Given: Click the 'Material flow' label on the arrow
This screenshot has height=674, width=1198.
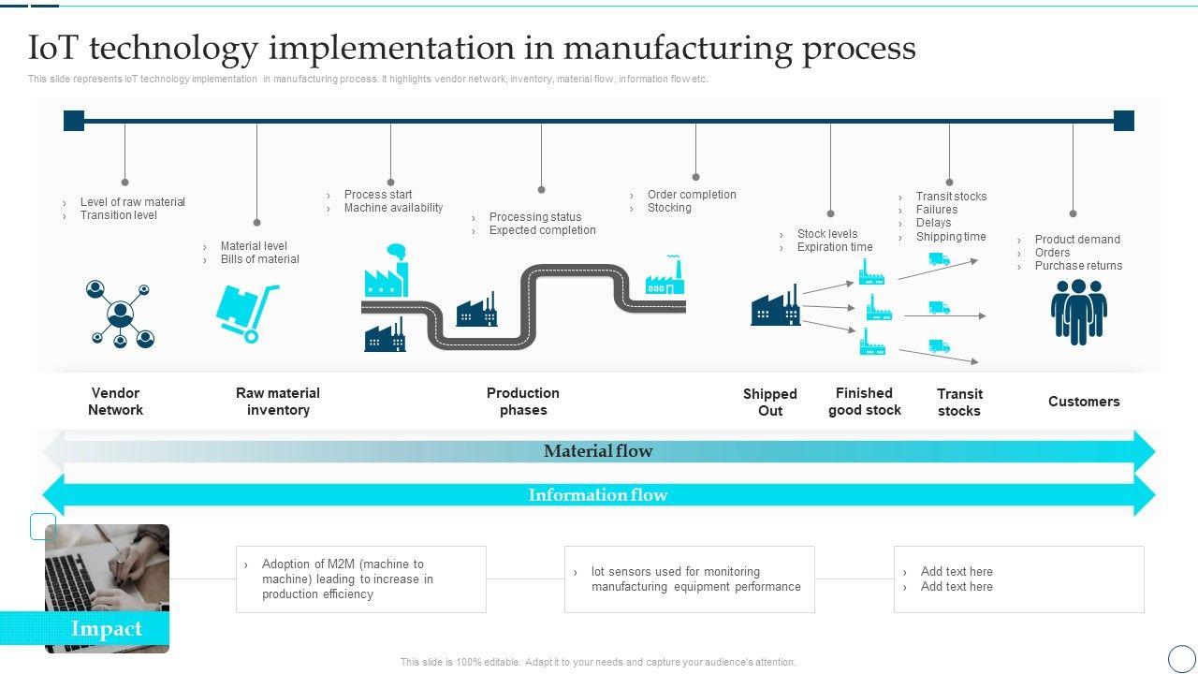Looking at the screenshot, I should [x=598, y=451].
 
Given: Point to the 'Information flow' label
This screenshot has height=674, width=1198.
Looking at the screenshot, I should [x=598, y=495].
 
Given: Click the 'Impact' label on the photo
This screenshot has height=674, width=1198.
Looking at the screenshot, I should [x=107, y=629].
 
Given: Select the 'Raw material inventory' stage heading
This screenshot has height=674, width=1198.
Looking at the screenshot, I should [x=278, y=402].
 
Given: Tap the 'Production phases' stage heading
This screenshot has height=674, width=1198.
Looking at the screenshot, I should [x=523, y=402].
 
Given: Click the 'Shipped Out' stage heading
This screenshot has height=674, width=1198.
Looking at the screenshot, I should [x=770, y=403].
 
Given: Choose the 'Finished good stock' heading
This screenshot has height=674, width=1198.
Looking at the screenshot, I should [x=865, y=402].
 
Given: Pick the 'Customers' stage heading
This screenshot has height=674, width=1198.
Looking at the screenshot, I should [x=1084, y=402].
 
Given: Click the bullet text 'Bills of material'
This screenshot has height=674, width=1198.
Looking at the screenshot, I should [x=260, y=259].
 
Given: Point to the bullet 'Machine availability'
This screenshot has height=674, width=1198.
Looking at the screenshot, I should [x=393, y=208].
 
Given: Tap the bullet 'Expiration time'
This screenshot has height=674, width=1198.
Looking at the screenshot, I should [x=835, y=247].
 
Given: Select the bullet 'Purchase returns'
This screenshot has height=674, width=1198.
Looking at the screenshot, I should [x=1078, y=266].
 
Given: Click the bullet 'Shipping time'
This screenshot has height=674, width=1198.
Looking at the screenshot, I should [x=951, y=237].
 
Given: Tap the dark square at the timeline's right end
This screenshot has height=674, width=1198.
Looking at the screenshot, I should [x=1124, y=121].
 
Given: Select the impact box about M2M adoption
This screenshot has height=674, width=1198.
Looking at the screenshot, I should [x=361, y=579].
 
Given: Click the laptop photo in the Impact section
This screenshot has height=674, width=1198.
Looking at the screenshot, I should [x=107, y=571].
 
